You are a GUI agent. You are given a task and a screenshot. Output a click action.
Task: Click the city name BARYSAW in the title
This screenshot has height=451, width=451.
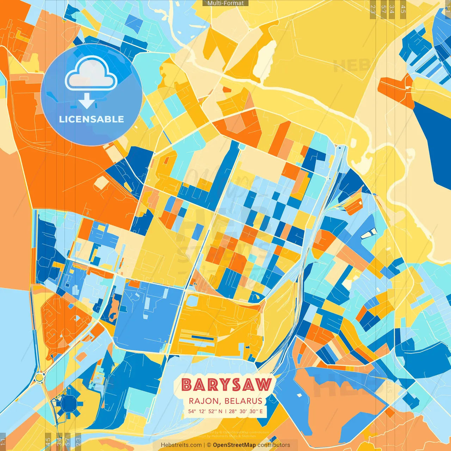(227, 385)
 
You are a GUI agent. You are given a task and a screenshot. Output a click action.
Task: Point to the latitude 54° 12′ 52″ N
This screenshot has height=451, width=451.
(205, 411)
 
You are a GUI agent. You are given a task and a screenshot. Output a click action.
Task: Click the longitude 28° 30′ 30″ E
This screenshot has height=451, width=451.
(246, 411)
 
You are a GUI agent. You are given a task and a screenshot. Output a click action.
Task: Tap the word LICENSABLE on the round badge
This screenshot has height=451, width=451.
(92, 119)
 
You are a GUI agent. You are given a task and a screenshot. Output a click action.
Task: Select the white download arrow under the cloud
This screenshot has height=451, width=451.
(87, 101)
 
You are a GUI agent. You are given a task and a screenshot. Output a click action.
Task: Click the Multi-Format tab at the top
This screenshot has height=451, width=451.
(225, 3)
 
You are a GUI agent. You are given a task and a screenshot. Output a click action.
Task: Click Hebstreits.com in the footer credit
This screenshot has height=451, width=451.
(181, 445)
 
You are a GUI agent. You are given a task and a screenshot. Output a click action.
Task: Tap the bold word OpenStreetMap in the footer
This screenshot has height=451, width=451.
(234, 445)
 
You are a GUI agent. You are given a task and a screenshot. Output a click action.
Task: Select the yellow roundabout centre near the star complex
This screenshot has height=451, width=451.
(39, 377)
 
